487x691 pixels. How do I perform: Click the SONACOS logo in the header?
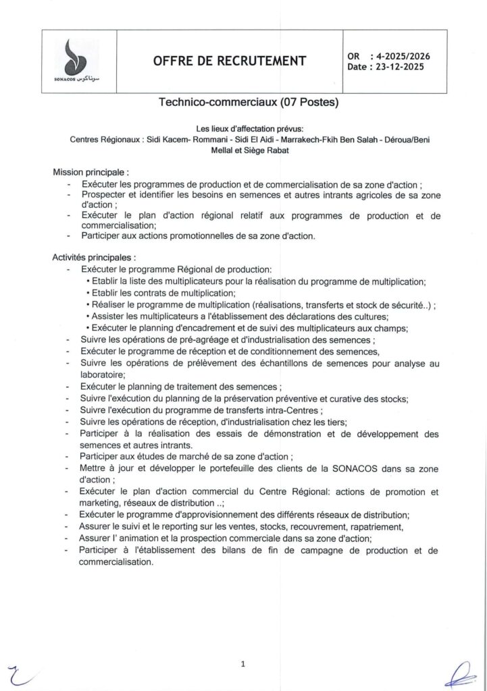click(x=79, y=61)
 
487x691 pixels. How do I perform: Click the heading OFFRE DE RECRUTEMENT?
click(x=230, y=61)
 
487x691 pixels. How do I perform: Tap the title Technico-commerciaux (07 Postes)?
click(x=248, y=103)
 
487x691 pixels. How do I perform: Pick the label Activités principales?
click(x=94, y=257)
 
